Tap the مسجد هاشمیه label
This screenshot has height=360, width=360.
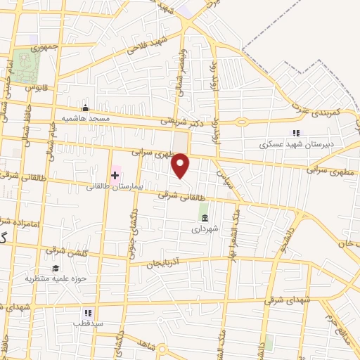(x=85, y=118)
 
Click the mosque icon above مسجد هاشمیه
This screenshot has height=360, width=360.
(x=85, y=108)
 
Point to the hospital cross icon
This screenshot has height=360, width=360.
(x=115, y=174)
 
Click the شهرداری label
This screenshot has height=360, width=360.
(x=205, y=228)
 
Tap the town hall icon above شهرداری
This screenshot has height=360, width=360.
(x=205, y=218)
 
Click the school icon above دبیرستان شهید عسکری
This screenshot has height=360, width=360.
(x=296, y=133)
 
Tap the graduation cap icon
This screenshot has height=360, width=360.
(x=55, y=268)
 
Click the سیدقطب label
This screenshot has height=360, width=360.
(x=87, y=323)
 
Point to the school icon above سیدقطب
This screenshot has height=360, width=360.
(x=87, y=313)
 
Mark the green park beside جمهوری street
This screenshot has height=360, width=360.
(x=27, y=67)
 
